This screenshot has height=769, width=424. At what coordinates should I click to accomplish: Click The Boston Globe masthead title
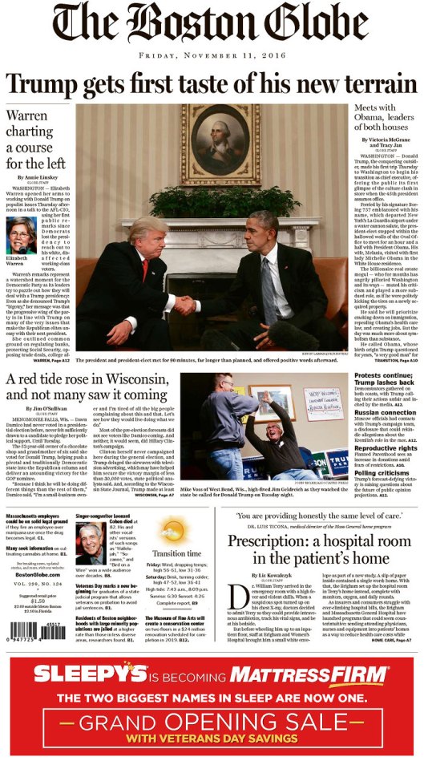[x=212, y=26]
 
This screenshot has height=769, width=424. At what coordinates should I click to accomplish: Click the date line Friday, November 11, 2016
[x=212, y=56]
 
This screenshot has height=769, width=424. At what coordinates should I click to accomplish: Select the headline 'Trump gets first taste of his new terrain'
[x=212, y=83]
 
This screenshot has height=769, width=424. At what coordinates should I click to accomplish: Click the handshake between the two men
[x=187, y=305]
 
